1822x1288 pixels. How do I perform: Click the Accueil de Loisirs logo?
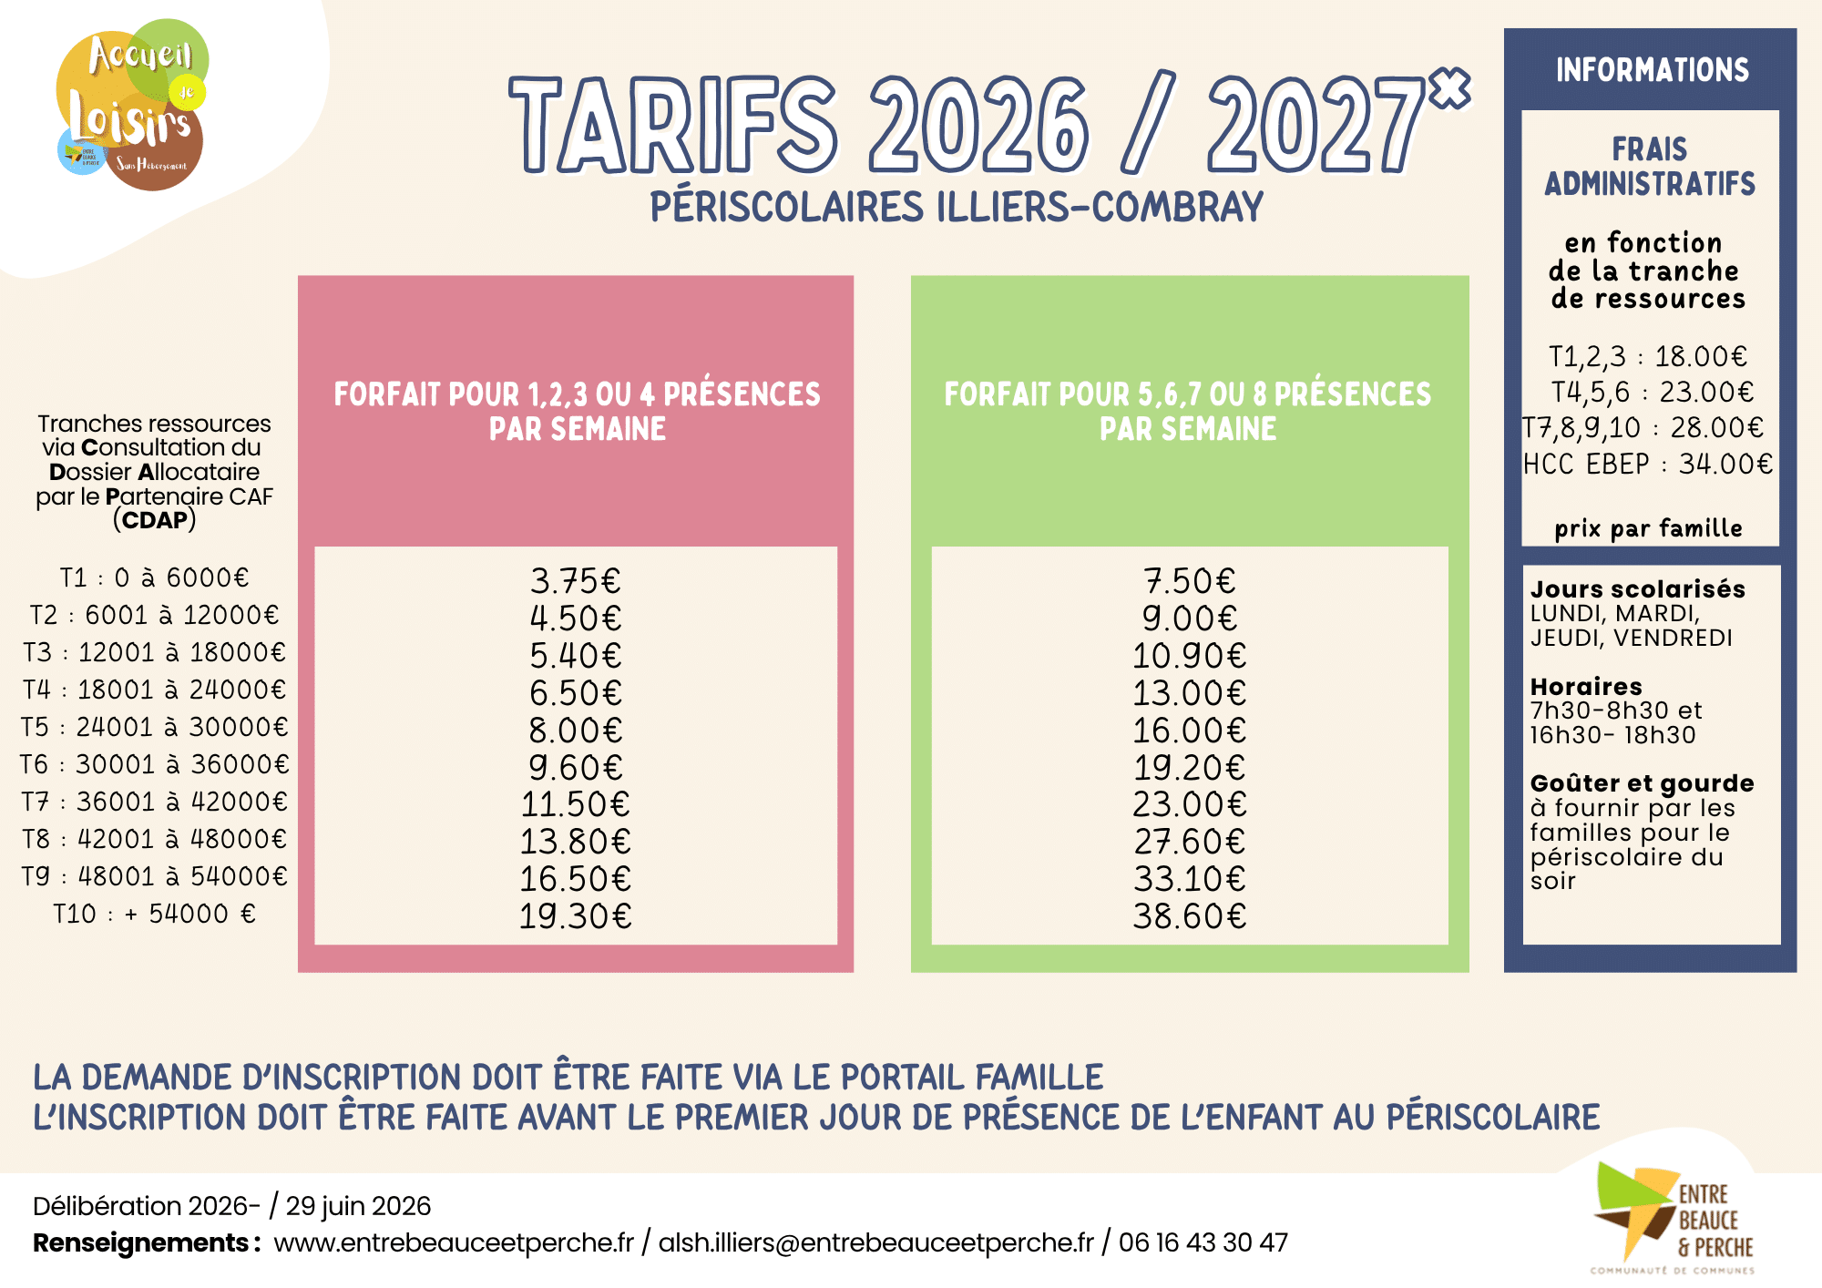(x=132, y=104)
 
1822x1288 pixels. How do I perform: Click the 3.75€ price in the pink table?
(x=576, y=581)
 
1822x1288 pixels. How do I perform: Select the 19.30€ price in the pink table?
(x=576, y=916)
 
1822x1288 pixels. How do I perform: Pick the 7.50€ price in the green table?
(x=1190, y=581)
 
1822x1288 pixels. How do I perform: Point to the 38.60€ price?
(x=1190, y=916)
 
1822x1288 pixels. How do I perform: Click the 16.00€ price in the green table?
(x=1190, y=731)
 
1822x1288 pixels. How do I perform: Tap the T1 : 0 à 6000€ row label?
(x=154, y=578)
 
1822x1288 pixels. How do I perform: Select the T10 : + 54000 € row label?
(x=154, y=914)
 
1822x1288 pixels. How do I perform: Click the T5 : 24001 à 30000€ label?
(x=154, y=727)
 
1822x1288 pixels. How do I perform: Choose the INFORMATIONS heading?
(x=1652, y=70)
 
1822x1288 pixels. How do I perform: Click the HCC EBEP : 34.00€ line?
(x=1648, y=465)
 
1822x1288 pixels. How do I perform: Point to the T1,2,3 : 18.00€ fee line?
(x=1648, y=356)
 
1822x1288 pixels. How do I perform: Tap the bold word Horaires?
(x=1586, y=687)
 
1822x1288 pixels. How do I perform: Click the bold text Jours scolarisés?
(x=1638, y=589)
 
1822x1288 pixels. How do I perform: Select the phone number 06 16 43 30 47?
(x=1203, y=1242)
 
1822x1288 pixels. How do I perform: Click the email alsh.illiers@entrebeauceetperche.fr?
(x=876, y=1242)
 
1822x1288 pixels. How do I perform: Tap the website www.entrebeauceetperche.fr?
(x=454, y=1242)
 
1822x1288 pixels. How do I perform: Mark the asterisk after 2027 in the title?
(x=1448, y=88)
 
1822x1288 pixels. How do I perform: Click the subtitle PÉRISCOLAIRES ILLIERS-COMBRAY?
(x=957, y=207)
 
